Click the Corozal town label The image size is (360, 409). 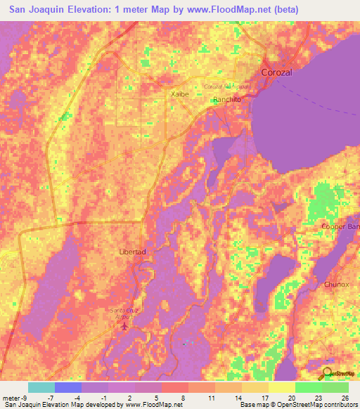click(276, 72)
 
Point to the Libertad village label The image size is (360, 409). click(131, 252)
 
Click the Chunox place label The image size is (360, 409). click(337, 285)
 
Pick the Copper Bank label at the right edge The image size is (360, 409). click(340, 226)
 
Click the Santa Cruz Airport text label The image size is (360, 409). click(125, 313)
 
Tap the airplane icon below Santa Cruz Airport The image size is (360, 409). click(126, 326)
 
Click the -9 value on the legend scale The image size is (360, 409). click(23, 397)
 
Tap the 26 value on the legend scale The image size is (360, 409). click(344, 397)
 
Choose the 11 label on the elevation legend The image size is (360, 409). click(210, 397)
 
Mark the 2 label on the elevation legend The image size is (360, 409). click(130, 397)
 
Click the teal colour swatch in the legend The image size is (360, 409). click(41, 387)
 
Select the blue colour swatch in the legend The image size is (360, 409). click(68, 387)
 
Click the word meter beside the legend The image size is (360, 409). click(11, 397)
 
